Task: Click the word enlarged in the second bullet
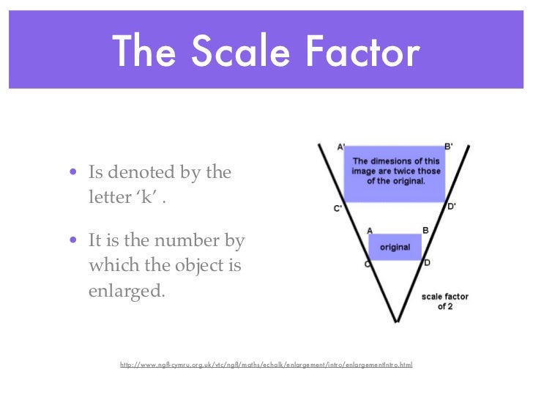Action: click(127, 290)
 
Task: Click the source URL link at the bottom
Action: click(266, 364)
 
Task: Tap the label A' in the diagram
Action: click(341, 147)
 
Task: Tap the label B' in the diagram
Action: click(449, 146)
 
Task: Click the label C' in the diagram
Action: click(338, 209)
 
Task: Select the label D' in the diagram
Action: click(452, 207)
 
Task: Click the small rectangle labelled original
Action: click(395, 248)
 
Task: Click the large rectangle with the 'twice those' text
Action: click(395, 174)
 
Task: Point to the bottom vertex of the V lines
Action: click(396, 321)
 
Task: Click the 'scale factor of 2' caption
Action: click(444, 301)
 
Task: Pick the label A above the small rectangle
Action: click(370, 231)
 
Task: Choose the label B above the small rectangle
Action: click(425, 230)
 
